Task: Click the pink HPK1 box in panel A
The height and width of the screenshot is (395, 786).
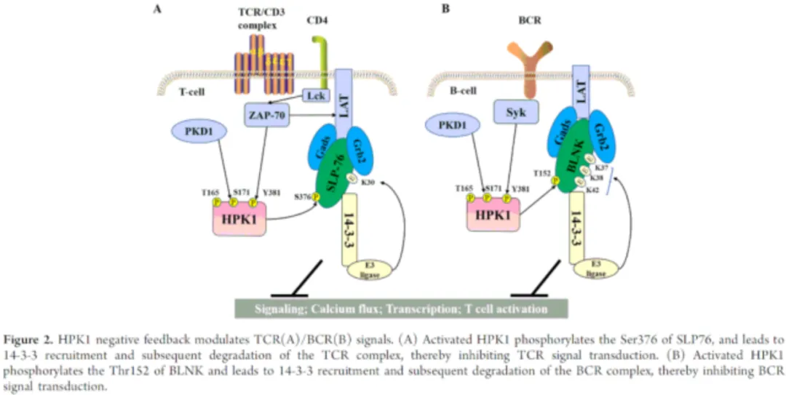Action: pos(239,218)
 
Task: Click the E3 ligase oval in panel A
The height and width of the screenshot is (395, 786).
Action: pos(371,269)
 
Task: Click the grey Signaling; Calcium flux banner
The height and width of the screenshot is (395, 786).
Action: pos(401,308)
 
